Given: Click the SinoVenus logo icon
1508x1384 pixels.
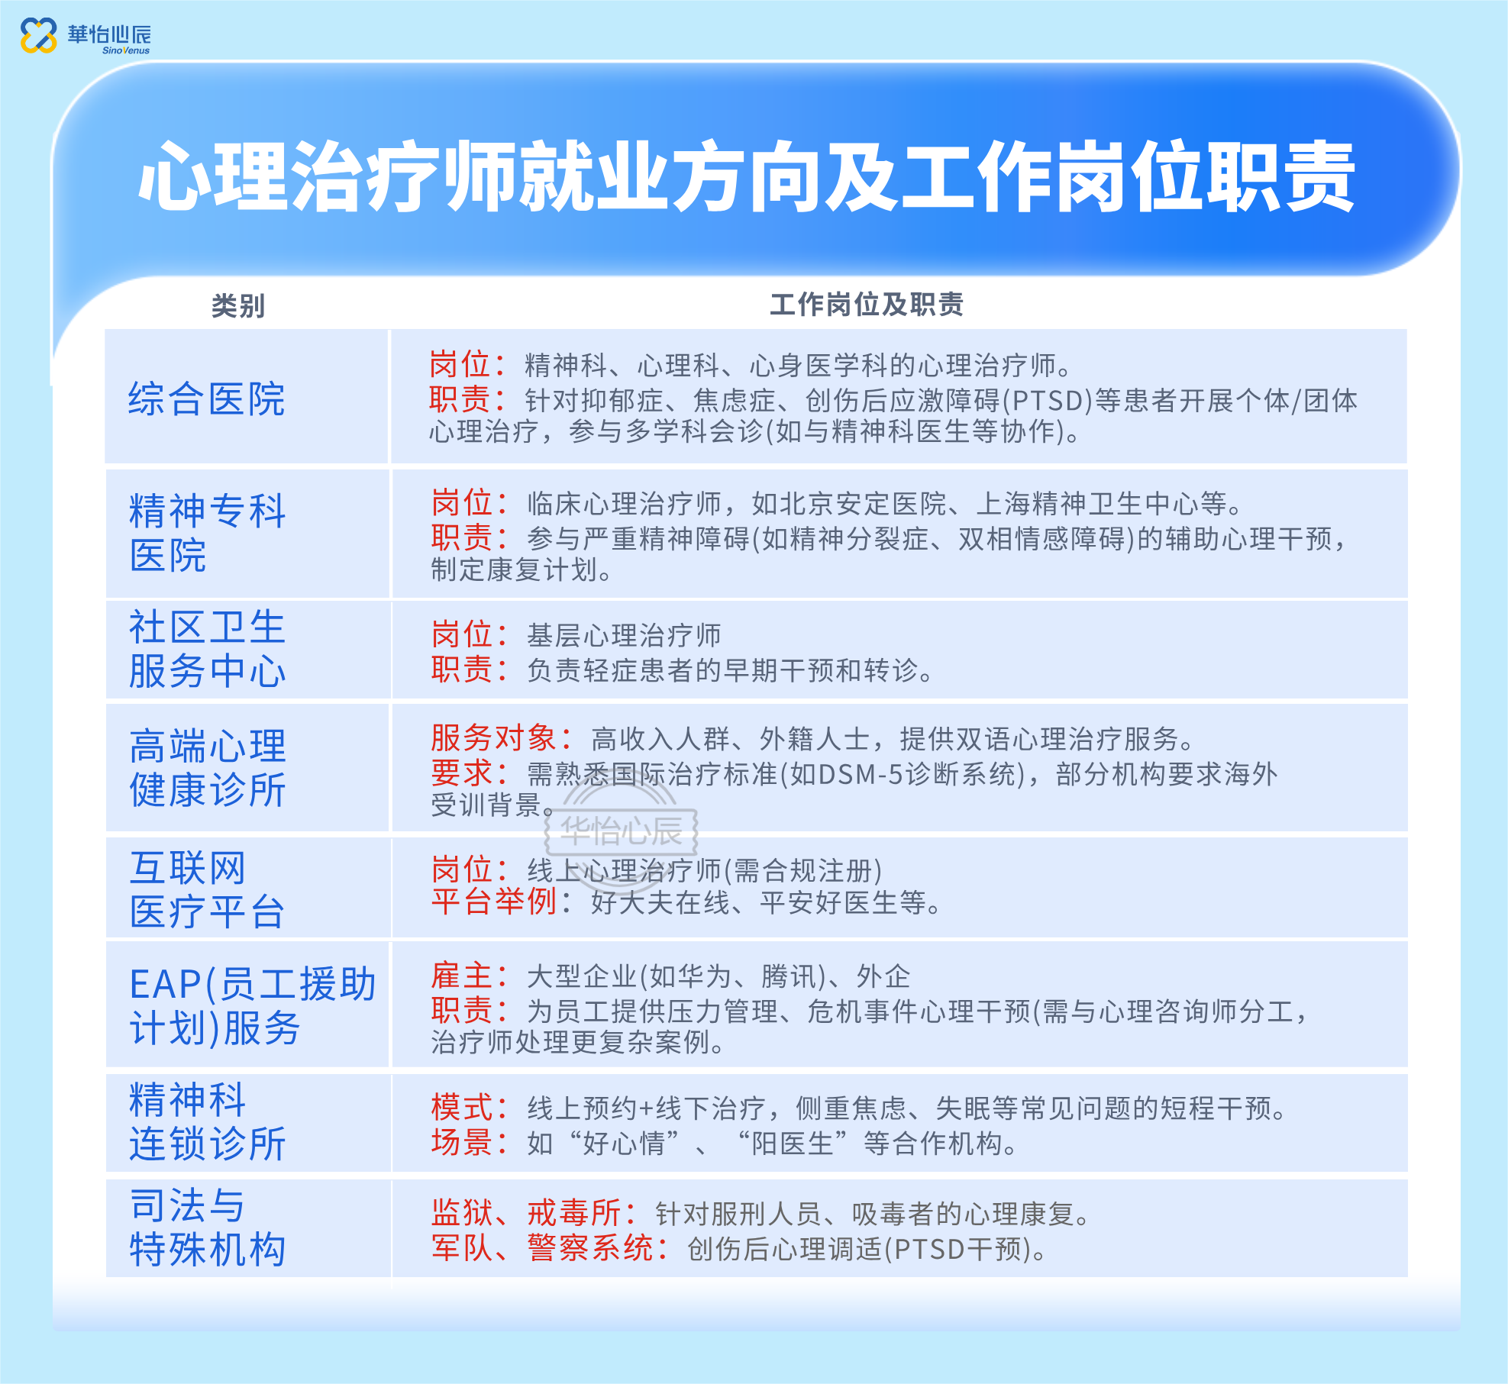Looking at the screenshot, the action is click(x=38, y=35).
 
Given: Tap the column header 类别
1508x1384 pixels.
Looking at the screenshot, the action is click(x=238, y=306).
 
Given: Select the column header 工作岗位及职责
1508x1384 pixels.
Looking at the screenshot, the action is click(x=866, y=305).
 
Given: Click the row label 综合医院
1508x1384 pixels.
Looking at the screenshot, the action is click(x=206, y=398).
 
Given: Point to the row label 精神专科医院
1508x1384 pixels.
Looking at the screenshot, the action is click(x=207, y=532).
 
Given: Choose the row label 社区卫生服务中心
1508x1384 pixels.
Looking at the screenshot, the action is click(x=207, y=649).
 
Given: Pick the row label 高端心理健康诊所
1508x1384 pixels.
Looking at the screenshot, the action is click(x=207, y=767).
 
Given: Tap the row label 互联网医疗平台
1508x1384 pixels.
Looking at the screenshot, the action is click(x=207, y=889).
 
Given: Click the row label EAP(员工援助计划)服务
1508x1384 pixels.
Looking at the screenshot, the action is click(x=253, y=1005).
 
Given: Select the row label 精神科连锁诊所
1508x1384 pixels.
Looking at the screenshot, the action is click(x=207, y=1121).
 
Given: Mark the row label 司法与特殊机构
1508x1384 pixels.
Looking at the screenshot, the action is click(x=207, y=1228).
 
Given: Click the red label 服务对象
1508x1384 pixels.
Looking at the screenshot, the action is click(x=493, y=738).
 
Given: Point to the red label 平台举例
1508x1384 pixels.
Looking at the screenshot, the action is click(x=493, y=902).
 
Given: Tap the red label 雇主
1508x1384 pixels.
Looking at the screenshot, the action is click(x=461, y=976).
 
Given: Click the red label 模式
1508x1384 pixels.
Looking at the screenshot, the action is click(x=461, y=1107).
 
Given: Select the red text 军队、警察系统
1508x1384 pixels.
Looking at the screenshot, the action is click(x=542, y=1248).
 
